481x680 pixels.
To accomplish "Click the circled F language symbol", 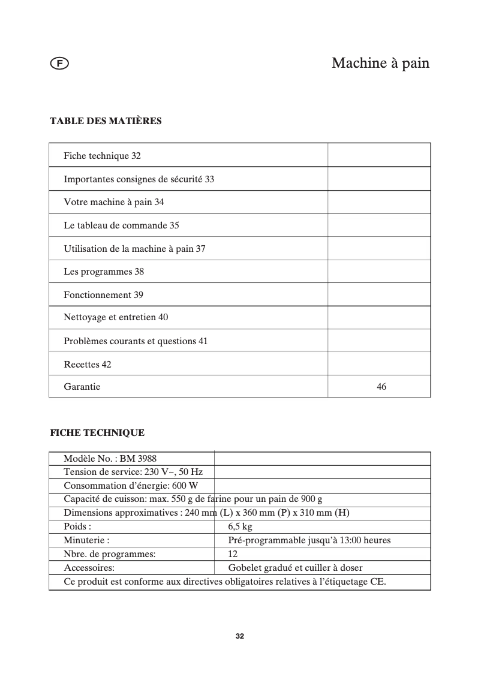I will click(x=59, y=63).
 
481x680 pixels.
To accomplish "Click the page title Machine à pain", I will click(x=380, y=63).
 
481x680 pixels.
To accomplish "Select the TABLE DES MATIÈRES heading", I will click(x=106, y=121).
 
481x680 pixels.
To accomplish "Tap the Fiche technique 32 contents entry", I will click(x=102, y=156).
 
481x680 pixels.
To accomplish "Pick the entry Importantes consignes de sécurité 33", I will click(x=139, y=179).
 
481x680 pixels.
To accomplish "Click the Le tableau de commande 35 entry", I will click(x=121, y=225).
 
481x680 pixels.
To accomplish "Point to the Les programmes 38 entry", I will click(x=104, y=272).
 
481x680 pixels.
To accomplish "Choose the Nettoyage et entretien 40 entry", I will click(x=116, y=317).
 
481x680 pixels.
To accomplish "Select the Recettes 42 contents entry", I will click(x=88, y=364).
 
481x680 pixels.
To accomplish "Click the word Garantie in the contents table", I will click(x=82, y=387).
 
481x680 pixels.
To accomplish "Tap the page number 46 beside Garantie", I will click(x=381, y=387).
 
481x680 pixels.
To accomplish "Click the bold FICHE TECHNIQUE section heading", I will click(x=97, y=432).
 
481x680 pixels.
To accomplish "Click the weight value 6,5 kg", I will click(x=240, y=526).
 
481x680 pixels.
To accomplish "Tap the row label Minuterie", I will click(x=86, y=540).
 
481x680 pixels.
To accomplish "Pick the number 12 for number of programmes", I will click(x=233, y=554).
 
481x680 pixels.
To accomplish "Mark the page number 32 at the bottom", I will click(x=240, y=636).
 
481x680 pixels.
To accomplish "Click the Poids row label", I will click(x=77, y=526).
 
